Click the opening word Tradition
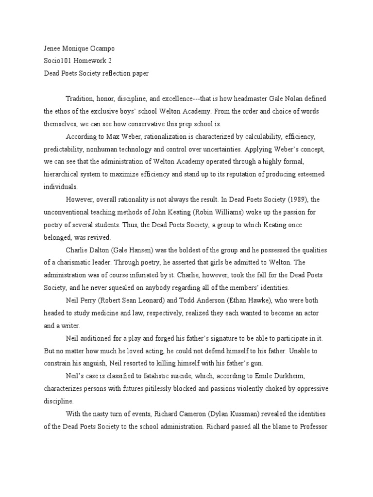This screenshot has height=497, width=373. point(81,99)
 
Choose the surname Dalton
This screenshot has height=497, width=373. point(102,250)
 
